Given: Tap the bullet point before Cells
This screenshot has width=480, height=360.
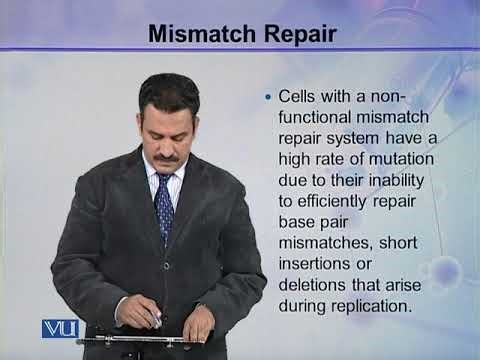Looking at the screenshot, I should pyautogui.click(x=267, y=98).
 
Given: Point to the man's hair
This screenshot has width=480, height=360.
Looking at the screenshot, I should pyautogui.click(x=168, y=87).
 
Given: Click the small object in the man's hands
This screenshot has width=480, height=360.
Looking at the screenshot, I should pyautogui.click(x=156, y=319).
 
